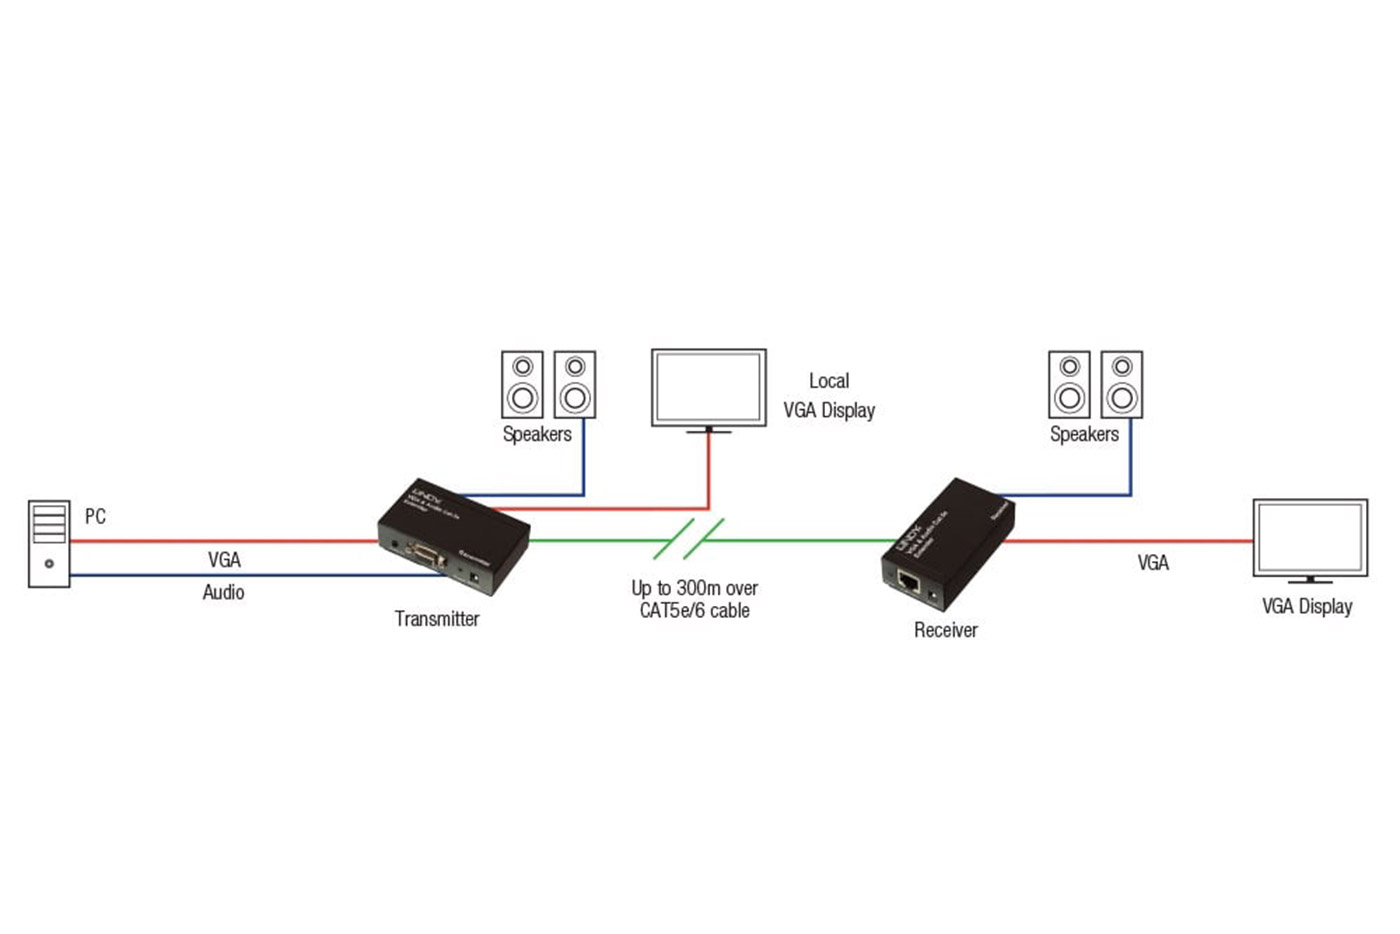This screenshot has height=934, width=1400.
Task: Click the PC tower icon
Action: coord(49,543)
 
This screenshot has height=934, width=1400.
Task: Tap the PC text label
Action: coord(95,516)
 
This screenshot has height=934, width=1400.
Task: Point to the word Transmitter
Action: coord(437,619)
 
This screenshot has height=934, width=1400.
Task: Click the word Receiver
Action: coord(945,630)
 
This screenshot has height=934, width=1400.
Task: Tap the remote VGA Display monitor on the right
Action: coord(1310,539)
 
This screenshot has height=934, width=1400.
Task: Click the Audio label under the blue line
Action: coord(223,592)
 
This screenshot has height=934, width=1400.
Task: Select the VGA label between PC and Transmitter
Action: coord(224,560)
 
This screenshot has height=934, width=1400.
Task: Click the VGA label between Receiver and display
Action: coord(1153,563)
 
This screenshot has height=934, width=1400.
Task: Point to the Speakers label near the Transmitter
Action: coord(537,434)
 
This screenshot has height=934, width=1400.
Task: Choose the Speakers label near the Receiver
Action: coord(1084,434)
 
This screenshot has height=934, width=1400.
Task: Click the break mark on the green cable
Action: coord(689,540)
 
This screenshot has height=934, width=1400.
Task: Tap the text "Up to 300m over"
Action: coord(694,588)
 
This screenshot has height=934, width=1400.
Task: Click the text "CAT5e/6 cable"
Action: coord(694,610)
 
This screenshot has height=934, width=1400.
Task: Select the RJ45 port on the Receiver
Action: coord(908,581)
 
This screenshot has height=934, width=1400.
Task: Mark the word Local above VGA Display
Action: coord(829,381)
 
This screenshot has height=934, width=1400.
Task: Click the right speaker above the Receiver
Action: coord(1122,384)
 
